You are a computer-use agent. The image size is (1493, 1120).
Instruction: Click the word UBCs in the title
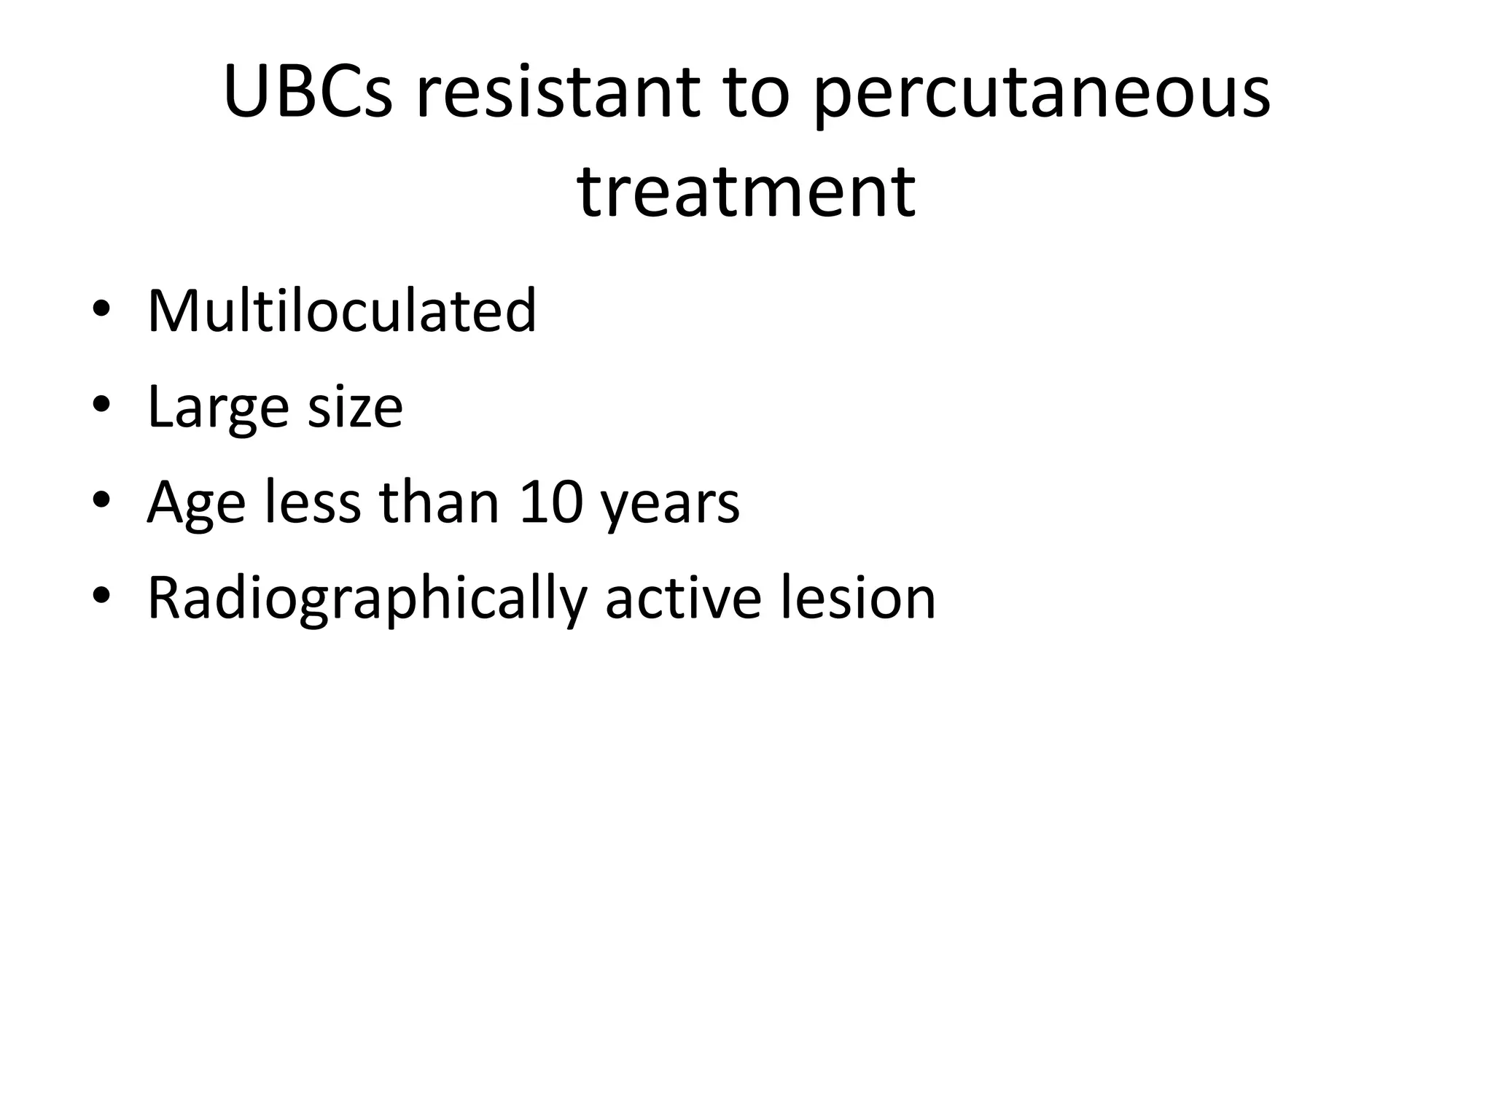pos(308,93)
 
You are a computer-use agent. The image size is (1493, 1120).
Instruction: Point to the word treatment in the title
pos(746,191)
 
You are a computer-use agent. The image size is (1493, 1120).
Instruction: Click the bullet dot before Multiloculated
pos(101,309)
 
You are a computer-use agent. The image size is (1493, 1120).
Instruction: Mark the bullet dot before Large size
pos(101,405)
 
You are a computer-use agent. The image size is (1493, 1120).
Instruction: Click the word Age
pos(196,502)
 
